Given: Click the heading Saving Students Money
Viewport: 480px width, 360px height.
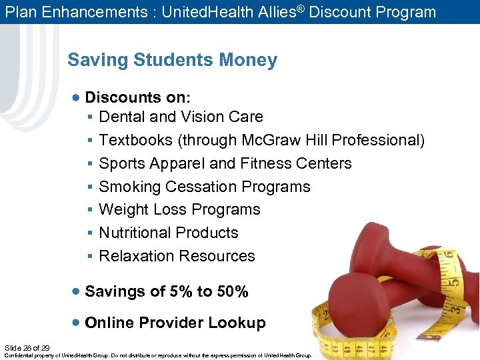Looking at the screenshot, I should (172, 60).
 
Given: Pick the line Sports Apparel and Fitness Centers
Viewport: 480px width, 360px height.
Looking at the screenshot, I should (225, 163).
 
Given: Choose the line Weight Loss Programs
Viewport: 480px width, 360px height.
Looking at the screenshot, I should (179, 209).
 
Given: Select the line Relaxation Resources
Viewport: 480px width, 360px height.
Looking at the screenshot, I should (177, 256).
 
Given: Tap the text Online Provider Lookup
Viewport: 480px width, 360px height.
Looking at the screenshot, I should (175, 323).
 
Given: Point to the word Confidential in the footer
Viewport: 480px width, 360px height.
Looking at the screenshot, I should (20, 355).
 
